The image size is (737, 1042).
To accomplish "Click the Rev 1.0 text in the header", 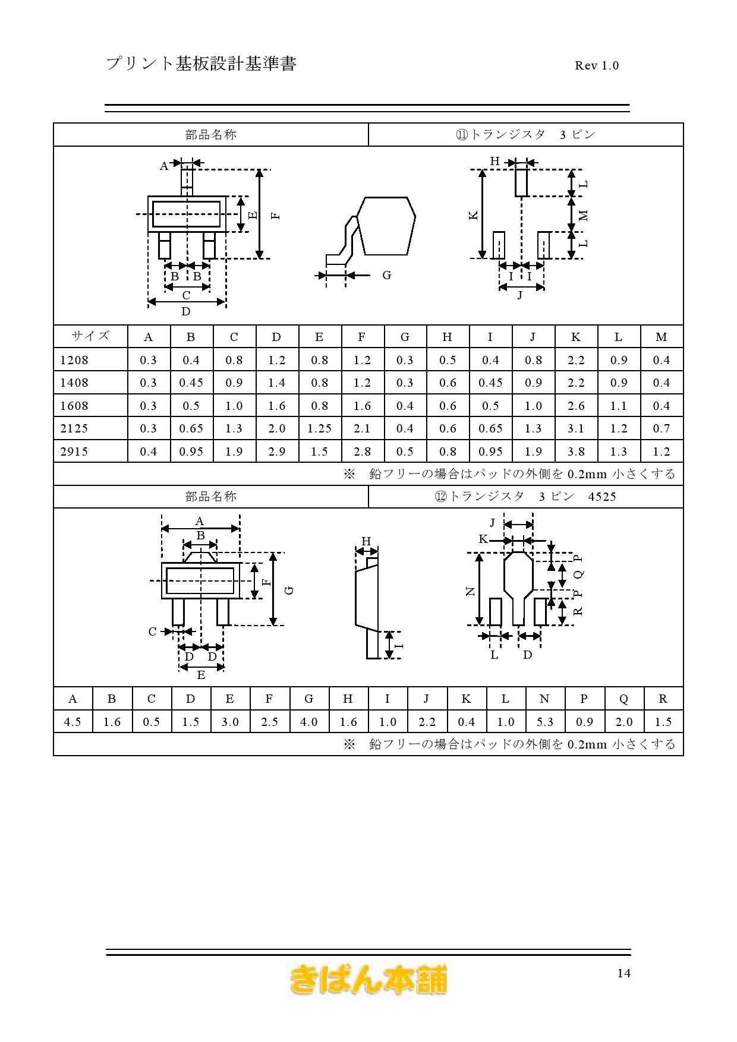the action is [597, 65].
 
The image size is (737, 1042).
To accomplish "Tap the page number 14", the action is [623, 973].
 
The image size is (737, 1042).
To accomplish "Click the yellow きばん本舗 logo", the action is [368, 980].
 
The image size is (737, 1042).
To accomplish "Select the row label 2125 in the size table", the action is [74, 428].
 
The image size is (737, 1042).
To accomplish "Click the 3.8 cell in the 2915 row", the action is [576, 451].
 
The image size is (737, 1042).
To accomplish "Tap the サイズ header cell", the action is [90, 336].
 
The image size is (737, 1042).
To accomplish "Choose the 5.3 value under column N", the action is [544, 722].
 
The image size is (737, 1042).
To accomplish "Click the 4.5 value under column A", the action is [73, 722].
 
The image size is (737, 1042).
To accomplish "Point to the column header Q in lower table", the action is [623, 699].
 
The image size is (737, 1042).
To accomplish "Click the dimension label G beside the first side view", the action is [387, 275].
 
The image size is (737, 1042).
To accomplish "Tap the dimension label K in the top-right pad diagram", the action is [474, 216].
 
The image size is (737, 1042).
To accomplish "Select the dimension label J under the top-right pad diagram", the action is [520, 295].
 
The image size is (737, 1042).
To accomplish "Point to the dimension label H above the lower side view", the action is [366, 541].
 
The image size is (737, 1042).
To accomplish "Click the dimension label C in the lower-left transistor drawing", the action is [153, 631].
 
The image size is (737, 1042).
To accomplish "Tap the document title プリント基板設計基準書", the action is [201, 64].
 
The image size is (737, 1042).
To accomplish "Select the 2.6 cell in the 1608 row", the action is [576, 406].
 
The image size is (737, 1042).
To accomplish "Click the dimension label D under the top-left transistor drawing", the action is [186, 311].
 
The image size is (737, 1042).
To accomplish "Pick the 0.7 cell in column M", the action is [662, 428].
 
